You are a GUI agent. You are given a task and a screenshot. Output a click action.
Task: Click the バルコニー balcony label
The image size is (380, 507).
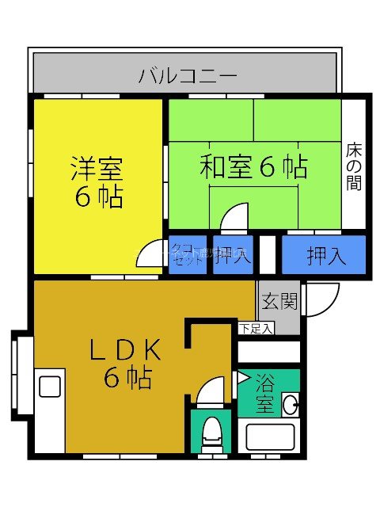coord(188,76)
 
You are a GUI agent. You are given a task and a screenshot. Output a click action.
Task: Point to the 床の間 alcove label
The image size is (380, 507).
coord(354,167)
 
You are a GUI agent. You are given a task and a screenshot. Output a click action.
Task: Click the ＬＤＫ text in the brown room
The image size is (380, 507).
coord(126,349)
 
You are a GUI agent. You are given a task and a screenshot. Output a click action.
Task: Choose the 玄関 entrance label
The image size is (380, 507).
coord(279,301)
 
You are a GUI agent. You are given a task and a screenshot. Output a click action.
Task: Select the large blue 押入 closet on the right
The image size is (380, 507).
coord(325,255)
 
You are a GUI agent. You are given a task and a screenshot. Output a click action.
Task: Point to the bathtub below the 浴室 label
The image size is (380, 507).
coord(269,438)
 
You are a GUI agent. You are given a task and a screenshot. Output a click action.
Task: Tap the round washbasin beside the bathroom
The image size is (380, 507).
coord(291,404)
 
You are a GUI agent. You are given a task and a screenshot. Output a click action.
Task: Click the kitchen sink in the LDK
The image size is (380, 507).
coord(50,387)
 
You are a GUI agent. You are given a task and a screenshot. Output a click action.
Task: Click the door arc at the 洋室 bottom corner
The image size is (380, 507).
coord(149,255)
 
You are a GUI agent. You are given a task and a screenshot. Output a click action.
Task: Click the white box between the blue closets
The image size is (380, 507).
coord(268,255)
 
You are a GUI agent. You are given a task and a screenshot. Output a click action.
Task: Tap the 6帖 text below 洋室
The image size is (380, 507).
coord(99,196)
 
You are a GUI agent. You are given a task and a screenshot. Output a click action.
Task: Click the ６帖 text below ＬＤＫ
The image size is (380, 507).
coord(127,379)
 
